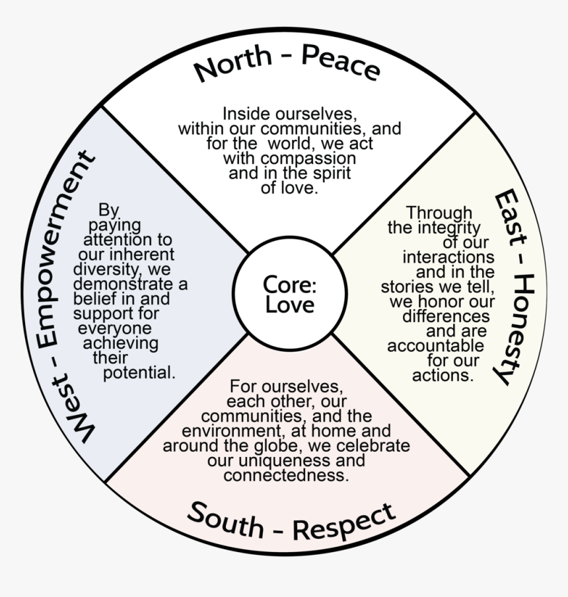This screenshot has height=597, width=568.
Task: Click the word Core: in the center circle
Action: pyautogui.click(x=290, y=285)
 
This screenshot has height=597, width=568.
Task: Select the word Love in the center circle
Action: pyautogui.click(x=290, y=306)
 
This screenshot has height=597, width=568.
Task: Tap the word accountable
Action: pyautogui.click(x=436, y=346)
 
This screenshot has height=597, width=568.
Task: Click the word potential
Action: pyautogui.click(x=139, y=372)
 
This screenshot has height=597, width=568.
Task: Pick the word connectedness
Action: pyautogui.click(x=285, y=475)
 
